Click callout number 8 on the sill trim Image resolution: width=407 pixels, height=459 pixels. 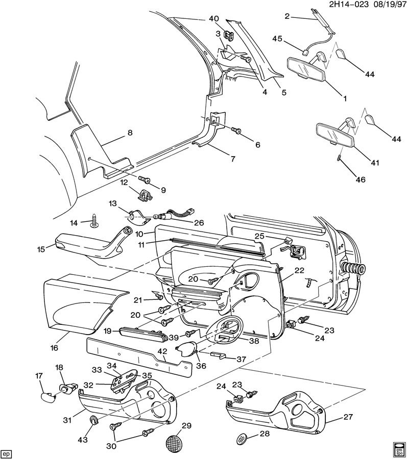[129, 133]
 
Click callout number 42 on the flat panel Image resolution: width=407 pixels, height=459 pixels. [162, 351]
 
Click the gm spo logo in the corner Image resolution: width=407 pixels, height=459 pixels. [398, 449]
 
